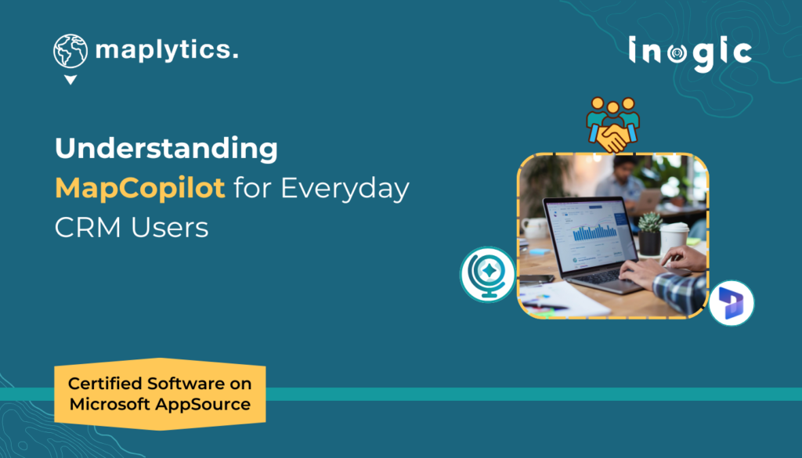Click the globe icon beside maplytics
coord(70,51)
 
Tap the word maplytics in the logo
coord(166,51)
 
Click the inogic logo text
coord(689,52)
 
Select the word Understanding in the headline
coord(166,148)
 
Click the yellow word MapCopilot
coord(140,189)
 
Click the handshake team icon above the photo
coord(613,124)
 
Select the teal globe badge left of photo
coord(487,274)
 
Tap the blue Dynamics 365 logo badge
coord(732,302)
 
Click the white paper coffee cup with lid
coord(674,238)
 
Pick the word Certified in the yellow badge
coord(108,384)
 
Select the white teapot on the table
coord(536,227)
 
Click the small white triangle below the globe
coord(70,80)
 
